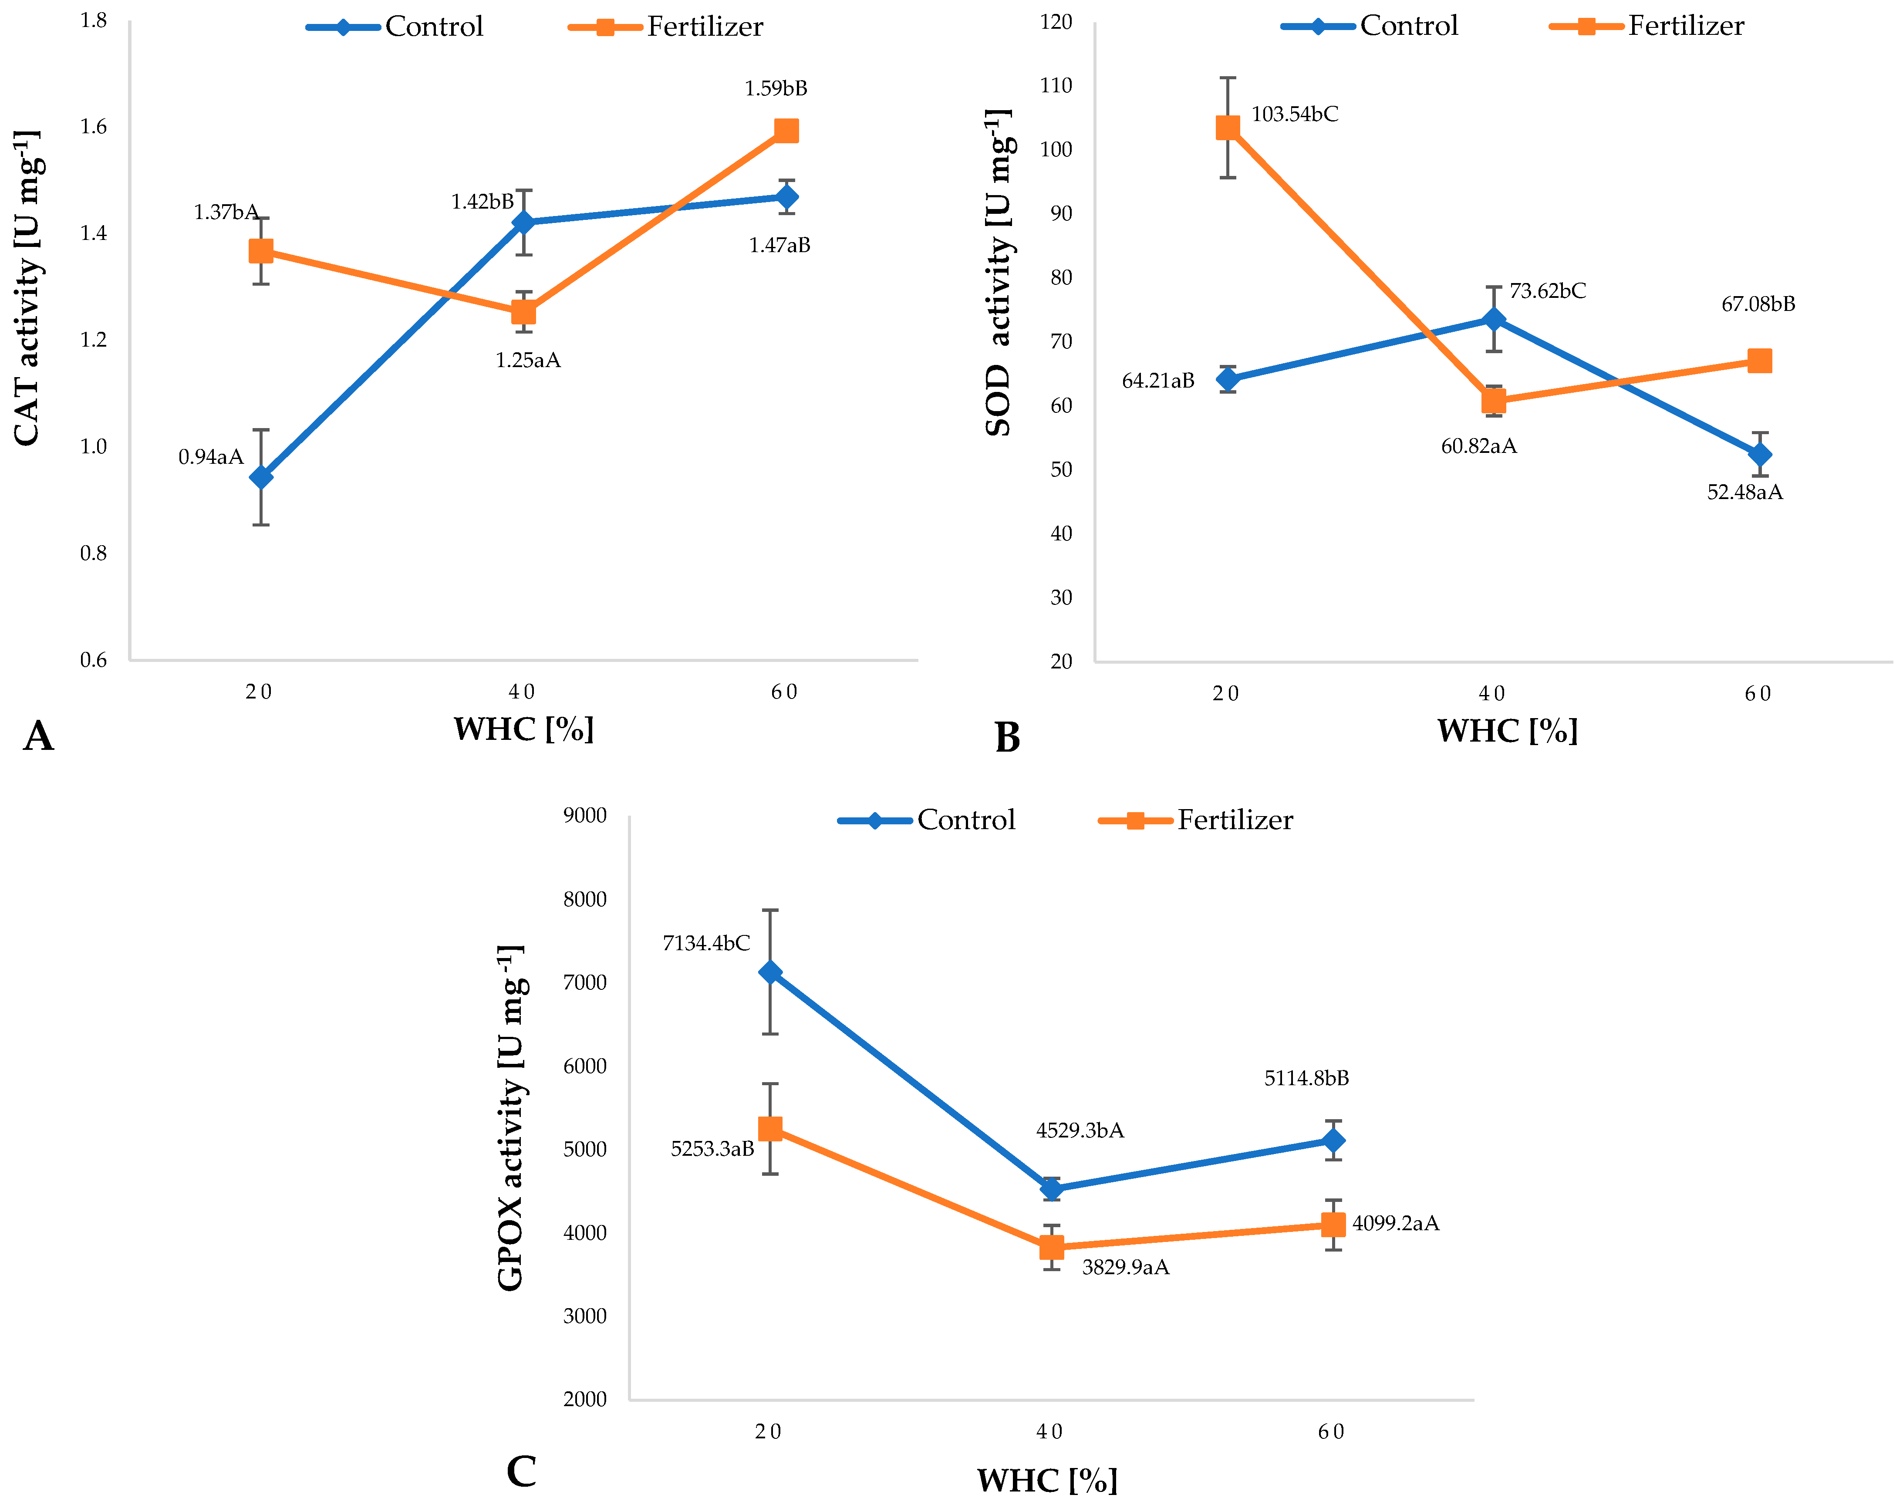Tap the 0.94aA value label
tap(211, 456)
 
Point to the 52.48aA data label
tap(1744, 492)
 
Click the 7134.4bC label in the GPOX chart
tap(706, 943)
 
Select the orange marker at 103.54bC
tap(1227, 128)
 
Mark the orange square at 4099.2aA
tap(1333, 1224)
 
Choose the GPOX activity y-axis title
tap(511, 1117)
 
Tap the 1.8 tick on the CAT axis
tap(93, 20)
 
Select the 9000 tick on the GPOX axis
tap(585, 815)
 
